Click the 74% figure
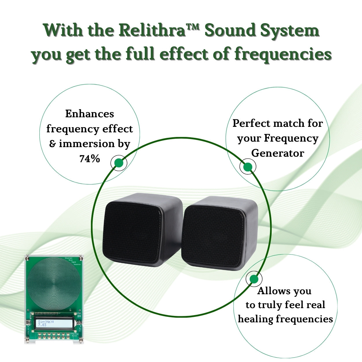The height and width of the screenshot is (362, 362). pyautogui.click(x=89, y=159)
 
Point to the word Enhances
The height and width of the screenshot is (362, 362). pyautogui.click(x=89, y=114)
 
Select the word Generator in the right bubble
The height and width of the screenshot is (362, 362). pyautogui.click(x=277, y=153)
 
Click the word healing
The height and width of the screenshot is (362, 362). pyautogui.click(x=255, y=319)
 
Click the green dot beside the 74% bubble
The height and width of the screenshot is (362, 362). pyautogui.click(x=119, y=163)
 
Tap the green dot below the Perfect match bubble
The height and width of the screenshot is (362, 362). pyautogui.click(x=248, y=167)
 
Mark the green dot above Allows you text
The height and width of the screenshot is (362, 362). pyautogui.click(x=254, y=279)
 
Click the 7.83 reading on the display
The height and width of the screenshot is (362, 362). pyautogui.click(x=42, y=325)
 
